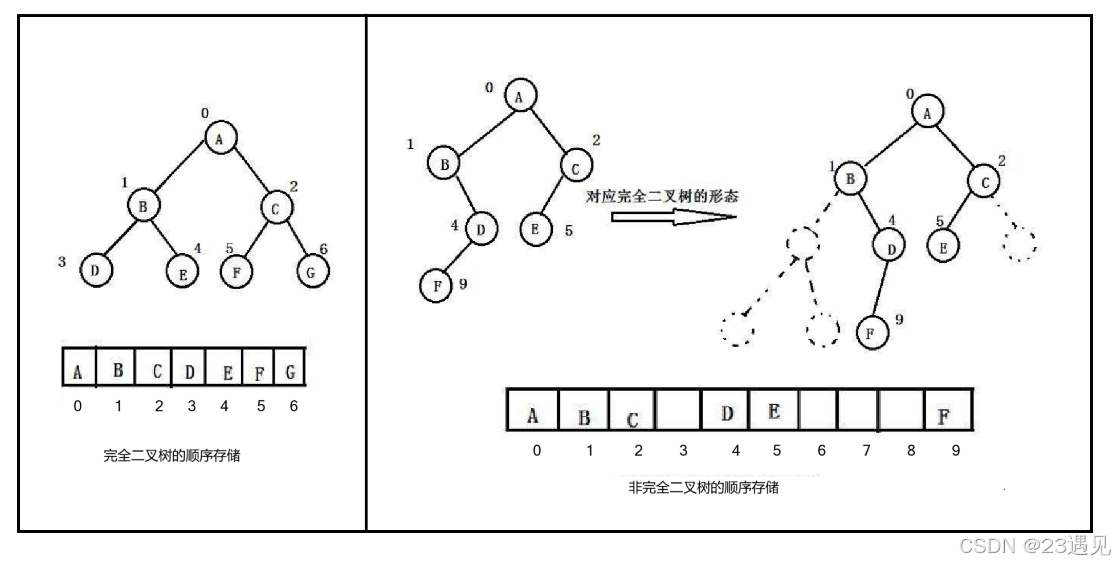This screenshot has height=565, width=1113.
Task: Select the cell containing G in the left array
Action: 290,368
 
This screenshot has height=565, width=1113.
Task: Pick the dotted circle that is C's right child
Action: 1020,244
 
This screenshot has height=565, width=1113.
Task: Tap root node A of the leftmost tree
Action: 221,137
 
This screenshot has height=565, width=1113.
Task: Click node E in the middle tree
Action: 536,229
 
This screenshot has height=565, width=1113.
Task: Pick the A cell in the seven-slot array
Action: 79,368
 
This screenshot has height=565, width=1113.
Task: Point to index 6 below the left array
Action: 294,406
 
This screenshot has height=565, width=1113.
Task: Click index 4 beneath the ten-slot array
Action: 736,451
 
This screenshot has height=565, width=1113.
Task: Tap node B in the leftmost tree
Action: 143,206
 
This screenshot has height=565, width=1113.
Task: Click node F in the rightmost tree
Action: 872,333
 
